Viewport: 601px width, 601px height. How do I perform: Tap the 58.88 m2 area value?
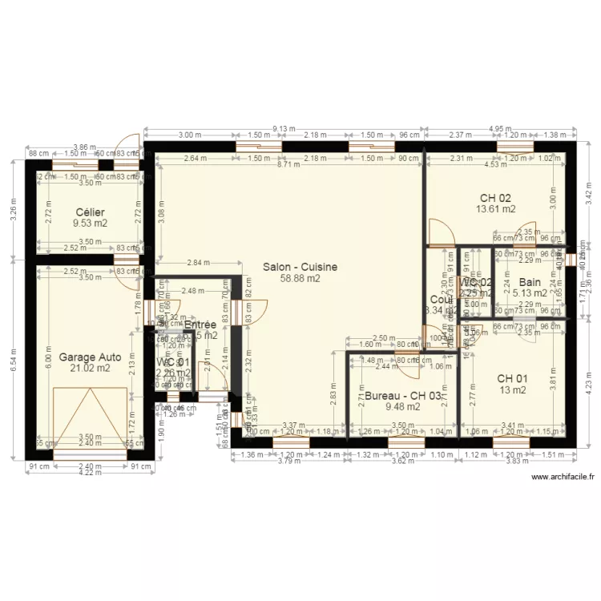[x=300, y=279]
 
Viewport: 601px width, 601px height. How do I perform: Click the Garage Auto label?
[x=89, y=357]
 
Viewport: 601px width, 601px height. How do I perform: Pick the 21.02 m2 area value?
[x=89, y=369]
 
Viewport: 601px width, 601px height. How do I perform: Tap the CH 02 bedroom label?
[x=495, y=197]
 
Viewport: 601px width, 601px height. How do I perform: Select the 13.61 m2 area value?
[x=495, y=209]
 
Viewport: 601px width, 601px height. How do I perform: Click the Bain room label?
[x=530, y=282]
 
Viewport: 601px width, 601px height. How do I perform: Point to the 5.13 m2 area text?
[x=530, y=293]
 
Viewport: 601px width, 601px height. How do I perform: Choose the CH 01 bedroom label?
[x=512, y=378]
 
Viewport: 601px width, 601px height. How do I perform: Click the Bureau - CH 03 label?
[x=402, y=395]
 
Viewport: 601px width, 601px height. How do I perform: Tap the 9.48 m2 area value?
[x=402, y=406]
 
